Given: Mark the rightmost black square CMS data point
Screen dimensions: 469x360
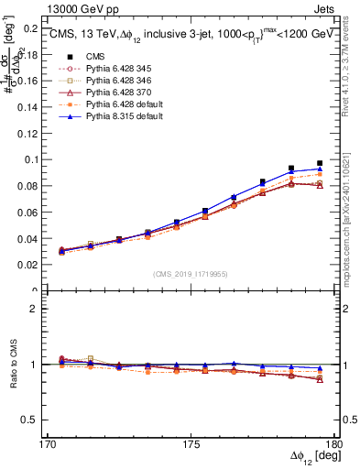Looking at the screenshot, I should (320, 163).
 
